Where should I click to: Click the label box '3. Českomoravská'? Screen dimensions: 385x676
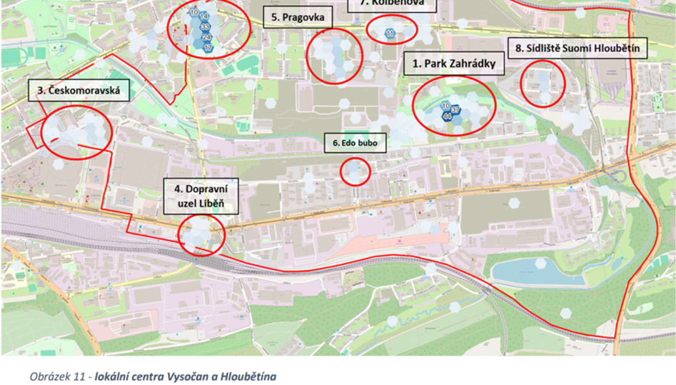pos(79,91)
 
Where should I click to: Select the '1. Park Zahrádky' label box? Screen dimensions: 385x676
pos(454,64)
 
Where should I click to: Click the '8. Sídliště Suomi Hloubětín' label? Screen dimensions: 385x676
pos(577,49)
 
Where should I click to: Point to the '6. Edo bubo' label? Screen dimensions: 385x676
pos(354,143)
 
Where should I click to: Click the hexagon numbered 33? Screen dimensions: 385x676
pos(205,26)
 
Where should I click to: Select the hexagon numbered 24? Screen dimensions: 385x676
pos(206,37)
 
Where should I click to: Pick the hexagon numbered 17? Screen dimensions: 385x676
pos(208,48)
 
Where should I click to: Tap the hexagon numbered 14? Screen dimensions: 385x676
pos(204,16)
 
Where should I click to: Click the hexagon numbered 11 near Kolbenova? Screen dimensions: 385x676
pos(390,34)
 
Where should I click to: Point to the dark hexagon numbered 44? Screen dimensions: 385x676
pos(447,116)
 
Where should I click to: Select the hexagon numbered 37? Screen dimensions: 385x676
pos(455,109)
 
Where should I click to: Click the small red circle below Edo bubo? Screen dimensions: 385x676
pos(355,171)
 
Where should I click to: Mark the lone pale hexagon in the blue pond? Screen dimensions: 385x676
pos(540,264)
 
